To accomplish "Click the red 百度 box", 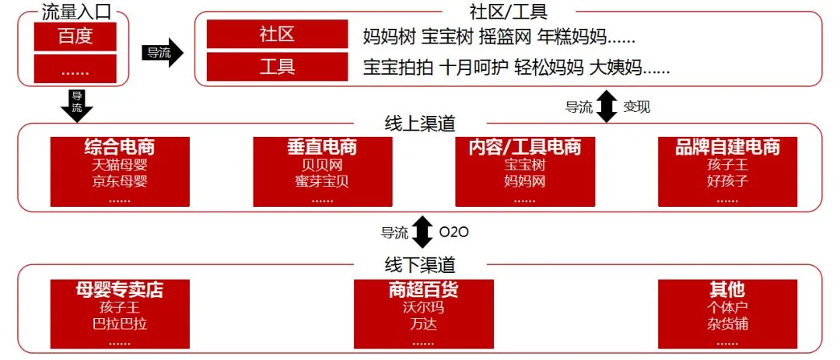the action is point(75,37).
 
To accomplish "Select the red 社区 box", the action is point(277,35).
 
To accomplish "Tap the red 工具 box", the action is point(277,67).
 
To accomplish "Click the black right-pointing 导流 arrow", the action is point(163,53).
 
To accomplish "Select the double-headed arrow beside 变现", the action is point(607,107).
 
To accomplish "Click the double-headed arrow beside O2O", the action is point(422,232).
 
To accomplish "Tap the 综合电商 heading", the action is point(119,147).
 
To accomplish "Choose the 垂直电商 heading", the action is point(321,147).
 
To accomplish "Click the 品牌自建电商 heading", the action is point(726,147).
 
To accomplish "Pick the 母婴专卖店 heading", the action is point(119,290).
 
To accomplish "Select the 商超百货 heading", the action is point(422,290).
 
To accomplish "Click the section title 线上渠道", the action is point(420,124).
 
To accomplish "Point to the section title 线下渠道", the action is point(420,264).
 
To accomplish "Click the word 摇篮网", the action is point(505,37).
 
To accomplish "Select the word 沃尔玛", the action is point(422,307).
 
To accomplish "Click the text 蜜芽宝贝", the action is point(321,181).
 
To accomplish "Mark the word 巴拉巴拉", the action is point(119,323).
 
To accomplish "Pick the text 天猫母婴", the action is point(119,165).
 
